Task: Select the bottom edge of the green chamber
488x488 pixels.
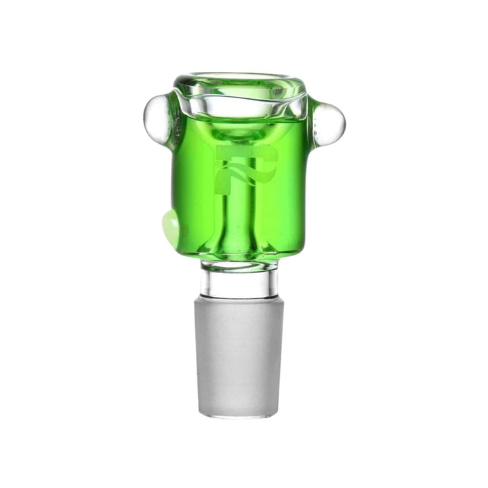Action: (x=240, y=258)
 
